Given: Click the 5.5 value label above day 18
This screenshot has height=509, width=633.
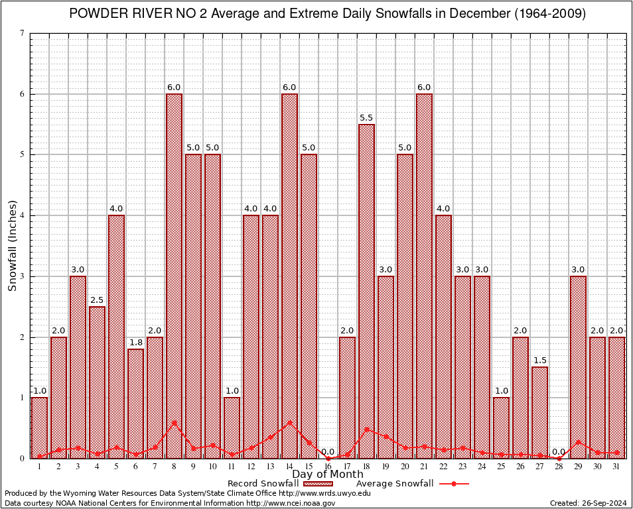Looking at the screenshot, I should tap(366, 117).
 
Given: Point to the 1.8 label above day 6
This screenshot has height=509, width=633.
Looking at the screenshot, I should tap(135, 342).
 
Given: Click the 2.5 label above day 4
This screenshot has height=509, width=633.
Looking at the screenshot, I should tap(97, 300).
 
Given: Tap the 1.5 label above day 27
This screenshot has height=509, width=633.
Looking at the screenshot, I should tap(539, 360).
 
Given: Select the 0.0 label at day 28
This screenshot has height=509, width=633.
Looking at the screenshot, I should tap(559, 451).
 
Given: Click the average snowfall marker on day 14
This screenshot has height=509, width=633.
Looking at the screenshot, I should tap(289, 422).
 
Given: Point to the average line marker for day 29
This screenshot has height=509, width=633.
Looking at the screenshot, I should tap(578, 441).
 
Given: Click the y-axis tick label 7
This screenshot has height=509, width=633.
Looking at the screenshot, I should tap(23, 33).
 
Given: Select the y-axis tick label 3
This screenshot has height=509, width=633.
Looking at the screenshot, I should tap(23, 276).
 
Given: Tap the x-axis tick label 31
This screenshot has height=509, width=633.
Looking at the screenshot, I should tap(616, 466).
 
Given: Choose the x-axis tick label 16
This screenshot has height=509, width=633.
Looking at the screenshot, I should tap(328, 466).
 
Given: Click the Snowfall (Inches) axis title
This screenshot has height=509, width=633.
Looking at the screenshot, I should tap(12, 245).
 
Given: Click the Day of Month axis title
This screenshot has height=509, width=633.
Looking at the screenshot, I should tap(327, 475).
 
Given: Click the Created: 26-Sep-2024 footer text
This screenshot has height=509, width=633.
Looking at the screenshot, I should tap(589, 503).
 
